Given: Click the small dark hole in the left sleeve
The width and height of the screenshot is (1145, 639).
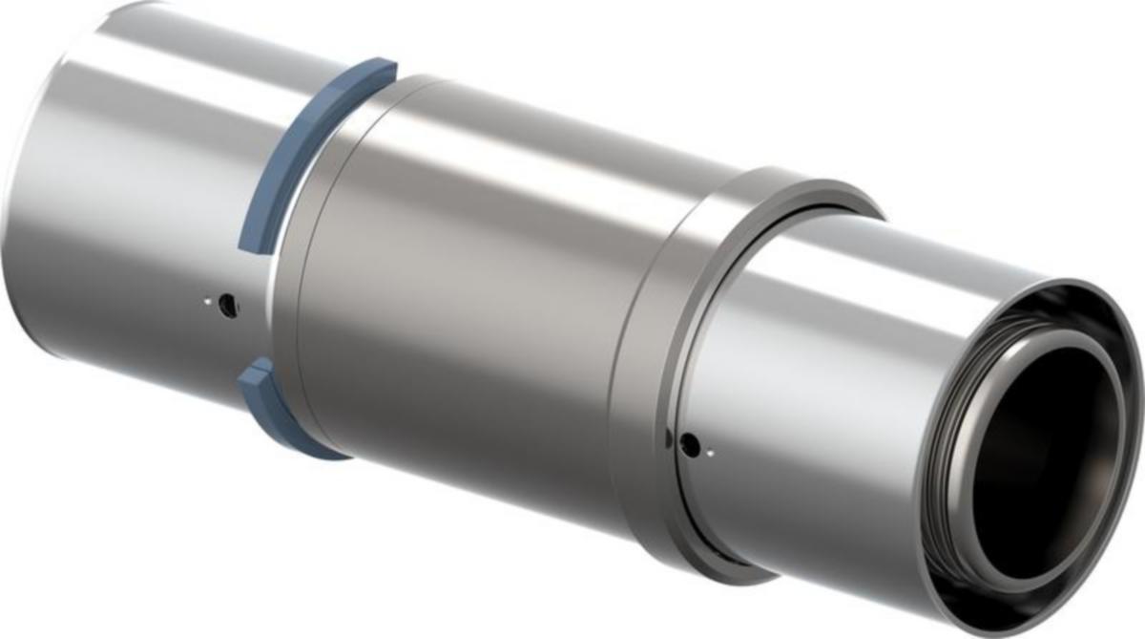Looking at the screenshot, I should coord(227,305).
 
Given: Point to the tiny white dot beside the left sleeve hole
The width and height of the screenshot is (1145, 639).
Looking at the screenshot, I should coord(205,304).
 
